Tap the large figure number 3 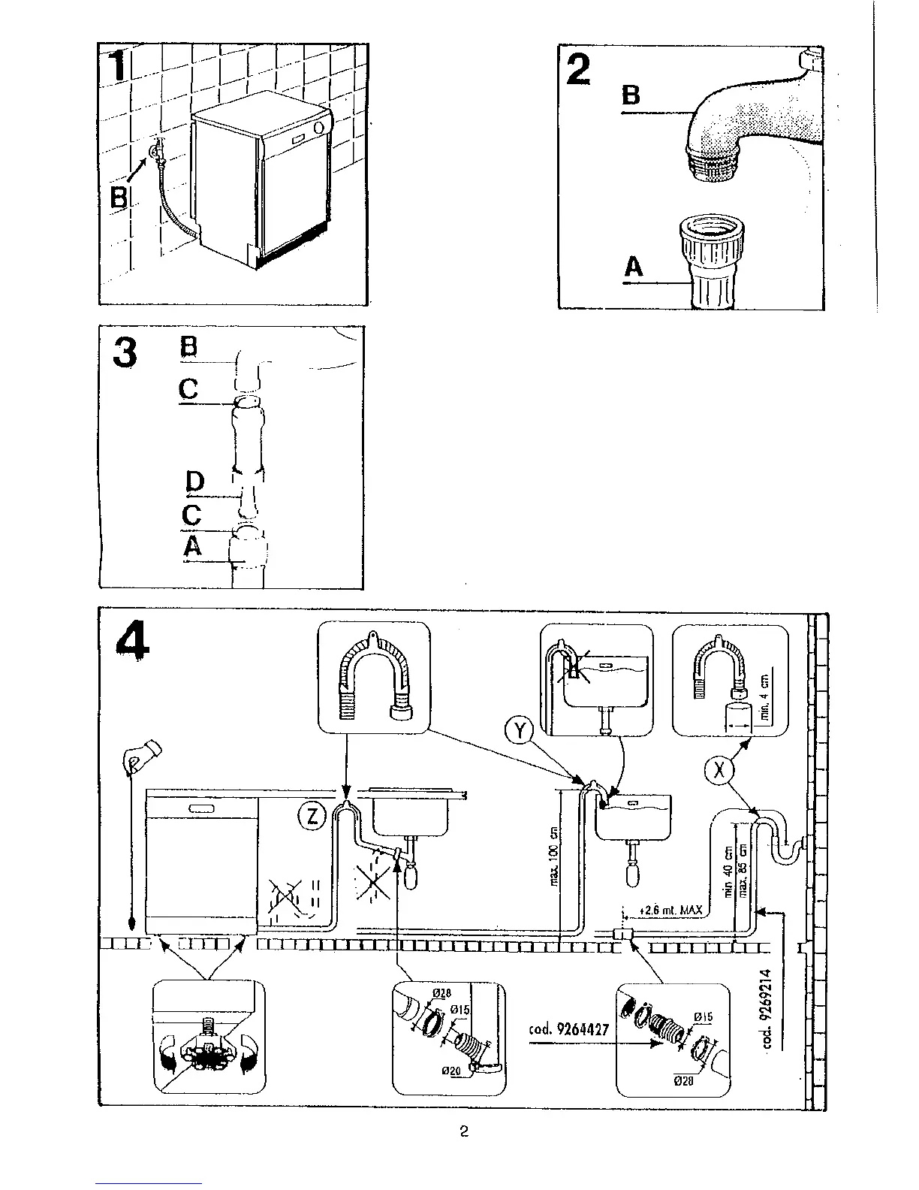pos(125,352)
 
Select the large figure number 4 pos(133,642)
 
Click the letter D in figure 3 pos(194,481)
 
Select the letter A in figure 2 pos(634,266)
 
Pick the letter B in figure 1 pos(119,198)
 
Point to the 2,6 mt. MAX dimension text pos(670,911)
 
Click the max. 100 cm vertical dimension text pos(555,856)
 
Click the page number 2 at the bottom pos(464,1131)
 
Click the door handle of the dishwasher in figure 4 pos(202,808)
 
